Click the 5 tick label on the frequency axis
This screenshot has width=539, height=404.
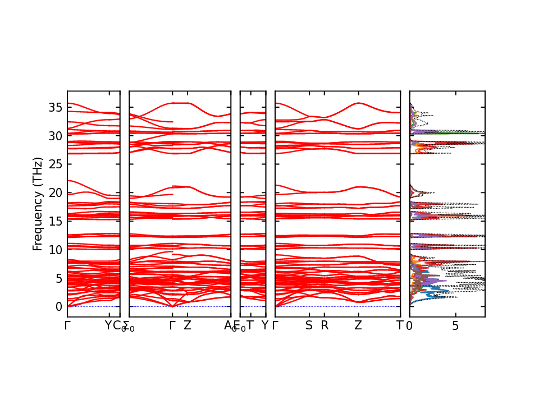[x=58, y=278]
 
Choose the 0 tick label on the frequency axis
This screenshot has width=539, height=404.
[x=58, y=307]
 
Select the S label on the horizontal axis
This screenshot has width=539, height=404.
[x=309, y=325]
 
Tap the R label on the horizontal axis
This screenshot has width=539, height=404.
[x=324, y=325]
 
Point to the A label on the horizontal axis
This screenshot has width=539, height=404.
[x=227, y=325]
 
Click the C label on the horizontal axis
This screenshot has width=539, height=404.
[x=117, y=325]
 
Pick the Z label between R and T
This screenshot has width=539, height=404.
[x=358, y=325]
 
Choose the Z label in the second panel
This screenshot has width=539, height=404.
[x=188, y=325]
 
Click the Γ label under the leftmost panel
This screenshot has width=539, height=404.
[x=67, y=325]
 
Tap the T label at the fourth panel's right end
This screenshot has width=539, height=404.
[x=400, y=325]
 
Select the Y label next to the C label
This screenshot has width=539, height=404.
[x=109, y=325]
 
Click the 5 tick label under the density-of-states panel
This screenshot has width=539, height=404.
[x=455, y=325]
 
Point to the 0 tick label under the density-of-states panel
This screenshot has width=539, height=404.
[x=410, y=325]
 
